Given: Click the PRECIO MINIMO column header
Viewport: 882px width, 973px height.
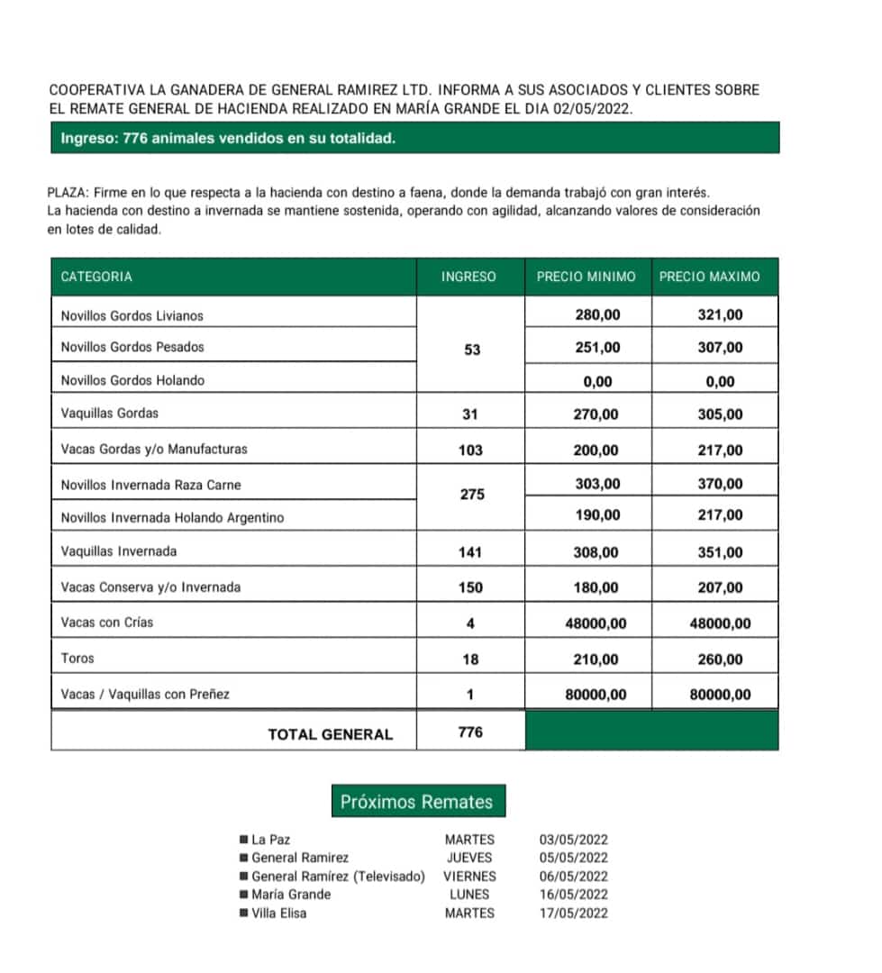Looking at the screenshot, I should pos(586,277).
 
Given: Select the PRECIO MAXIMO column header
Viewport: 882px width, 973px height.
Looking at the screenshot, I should pos(709,277).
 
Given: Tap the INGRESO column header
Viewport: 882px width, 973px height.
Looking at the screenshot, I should pos(468,277).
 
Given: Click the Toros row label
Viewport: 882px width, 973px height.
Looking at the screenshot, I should pos(77,659).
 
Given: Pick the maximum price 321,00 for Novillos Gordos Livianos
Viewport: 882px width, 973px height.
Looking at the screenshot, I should pos(720,315).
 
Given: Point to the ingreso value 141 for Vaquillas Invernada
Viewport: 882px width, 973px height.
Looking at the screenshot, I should pos(470,552).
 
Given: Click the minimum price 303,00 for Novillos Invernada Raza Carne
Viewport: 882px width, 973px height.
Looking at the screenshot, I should pos(597,485).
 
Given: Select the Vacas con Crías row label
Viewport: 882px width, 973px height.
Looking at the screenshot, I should pos(107,623).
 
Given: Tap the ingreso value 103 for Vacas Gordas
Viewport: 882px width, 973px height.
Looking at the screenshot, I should pos(470,450).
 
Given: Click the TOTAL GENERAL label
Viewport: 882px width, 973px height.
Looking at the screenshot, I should pos(331,734).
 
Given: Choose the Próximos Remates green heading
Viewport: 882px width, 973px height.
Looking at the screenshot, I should pos(416,802).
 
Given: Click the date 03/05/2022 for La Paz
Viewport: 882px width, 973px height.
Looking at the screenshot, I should pos(573,840).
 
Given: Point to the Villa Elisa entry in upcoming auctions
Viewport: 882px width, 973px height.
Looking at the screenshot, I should pos(278,914).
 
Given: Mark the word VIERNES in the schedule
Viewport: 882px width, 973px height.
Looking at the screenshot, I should pos(469,877).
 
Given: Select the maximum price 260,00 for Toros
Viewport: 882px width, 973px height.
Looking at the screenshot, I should pos(720,659).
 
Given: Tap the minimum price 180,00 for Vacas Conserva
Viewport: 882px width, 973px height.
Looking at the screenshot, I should pos(596,588).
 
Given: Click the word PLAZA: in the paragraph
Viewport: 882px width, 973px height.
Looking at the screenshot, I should pos(68,193).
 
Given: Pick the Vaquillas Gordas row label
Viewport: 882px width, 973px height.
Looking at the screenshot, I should pos(109,414).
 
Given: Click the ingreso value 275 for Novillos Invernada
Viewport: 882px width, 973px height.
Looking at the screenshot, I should pos(470,496).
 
